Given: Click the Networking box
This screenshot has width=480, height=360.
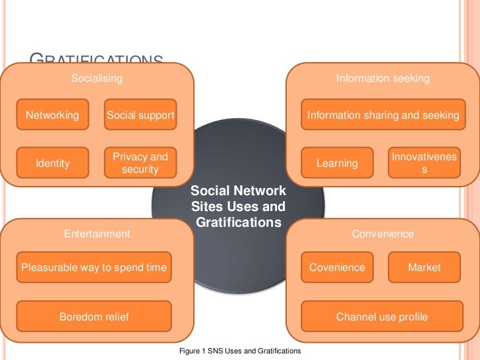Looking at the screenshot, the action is click(x=52, y=115).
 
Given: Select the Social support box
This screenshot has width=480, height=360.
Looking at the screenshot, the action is click(x=140, y=115).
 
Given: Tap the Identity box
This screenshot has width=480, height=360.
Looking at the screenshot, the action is click(x=53, y=163).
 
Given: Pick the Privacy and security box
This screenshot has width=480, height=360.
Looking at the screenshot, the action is click(x=140, y=163).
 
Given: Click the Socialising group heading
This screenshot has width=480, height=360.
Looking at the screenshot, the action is click(x=97, y=78).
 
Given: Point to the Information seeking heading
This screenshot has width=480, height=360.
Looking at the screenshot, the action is click(x=382, y=78).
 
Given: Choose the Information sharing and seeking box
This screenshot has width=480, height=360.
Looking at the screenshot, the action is click(x=383, y=115).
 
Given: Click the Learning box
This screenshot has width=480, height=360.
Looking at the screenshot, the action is click(x=337, y=163).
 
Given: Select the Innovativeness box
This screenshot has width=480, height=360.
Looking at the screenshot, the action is click(x=425, y=163).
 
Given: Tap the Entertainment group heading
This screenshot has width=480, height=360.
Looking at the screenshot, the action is click(x=97, y=233).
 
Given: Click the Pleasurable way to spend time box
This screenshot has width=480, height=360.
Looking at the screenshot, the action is click(x=94, y=268).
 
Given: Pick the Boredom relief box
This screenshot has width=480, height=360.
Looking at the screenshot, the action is click(x=94, y=317).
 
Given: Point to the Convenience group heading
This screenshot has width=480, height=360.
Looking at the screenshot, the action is click(x=382, y=233).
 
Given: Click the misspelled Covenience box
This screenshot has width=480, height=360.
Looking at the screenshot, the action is click(x=337, y=268).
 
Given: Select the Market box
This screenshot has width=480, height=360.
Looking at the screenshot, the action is click(x=425, y=268).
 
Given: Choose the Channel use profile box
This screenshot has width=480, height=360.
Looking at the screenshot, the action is click(x=382, y=317).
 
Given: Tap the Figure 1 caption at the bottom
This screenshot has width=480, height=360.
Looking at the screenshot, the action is click(x=240, y=351).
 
